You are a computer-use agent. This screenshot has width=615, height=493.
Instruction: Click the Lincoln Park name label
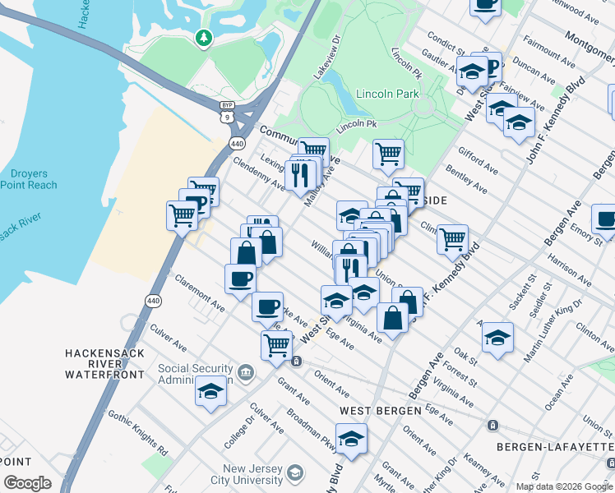pyautogui.click(x=387, y=94)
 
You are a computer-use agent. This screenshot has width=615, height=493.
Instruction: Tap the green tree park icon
pyautogui.click(x=203, y=38)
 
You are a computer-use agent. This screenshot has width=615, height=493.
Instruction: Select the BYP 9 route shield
pyautogui.click(x=227, y=113)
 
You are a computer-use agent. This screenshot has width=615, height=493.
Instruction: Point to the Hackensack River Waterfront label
pyautogui.click(x=105, y=363)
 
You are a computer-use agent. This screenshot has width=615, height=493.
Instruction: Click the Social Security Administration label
pyautogui.click(x=197, y=374)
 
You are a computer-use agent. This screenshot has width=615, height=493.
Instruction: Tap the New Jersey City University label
pyautogui.click(x=255, y=474)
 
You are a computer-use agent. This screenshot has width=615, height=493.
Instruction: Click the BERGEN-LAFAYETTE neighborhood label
pyautogui.click(x=554, y=445)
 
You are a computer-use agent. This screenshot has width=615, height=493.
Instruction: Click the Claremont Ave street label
pyautogui.click(x=199, y=293)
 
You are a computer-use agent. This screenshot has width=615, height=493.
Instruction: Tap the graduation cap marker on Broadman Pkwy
pyautogui.click(x=351, y=437)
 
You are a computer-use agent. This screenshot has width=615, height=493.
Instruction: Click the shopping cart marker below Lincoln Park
pyautogui.click(x=388, y=152)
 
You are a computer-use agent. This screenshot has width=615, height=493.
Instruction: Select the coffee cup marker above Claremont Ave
pyautogui.click(x=240, y=278)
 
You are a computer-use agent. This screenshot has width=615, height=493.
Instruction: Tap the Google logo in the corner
pyautogui.click(x=27, y=483)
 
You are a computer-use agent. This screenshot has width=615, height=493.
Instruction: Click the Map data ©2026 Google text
pyautogui.click(x=564, y=486)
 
